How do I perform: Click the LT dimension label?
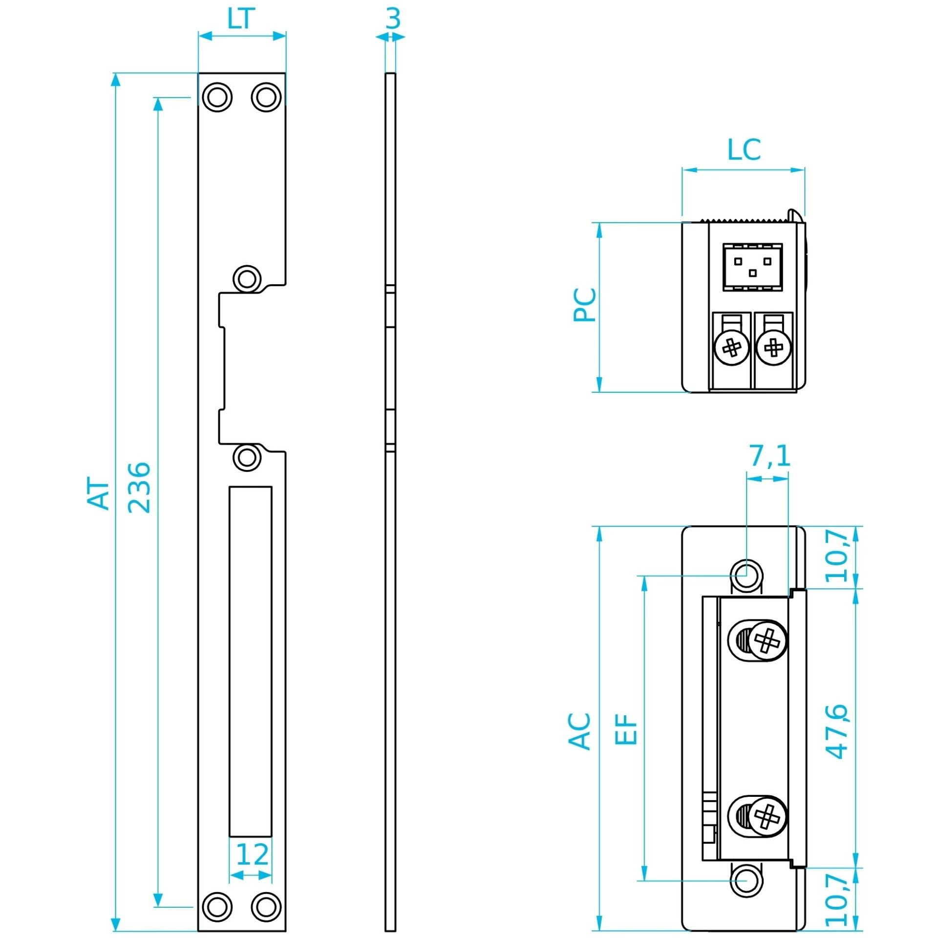pyautogui.click(x=241, y=19)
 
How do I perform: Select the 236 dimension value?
pyautogui.click(x=139, y=487)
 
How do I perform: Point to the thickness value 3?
pyautogui.click(x=392, y=19)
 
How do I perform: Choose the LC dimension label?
pyautogui.click(x=744, y=149)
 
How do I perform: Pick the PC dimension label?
pyautogui.click(x=584, y=305)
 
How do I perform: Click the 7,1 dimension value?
pyautogui.click(x=770, y=456)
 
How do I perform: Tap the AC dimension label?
pyautogui.click(x=580, y=731)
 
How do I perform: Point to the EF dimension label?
pyautogui.click(x=626, y=729)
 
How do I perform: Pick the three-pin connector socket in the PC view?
pyautogui.click(x=752, y=267)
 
